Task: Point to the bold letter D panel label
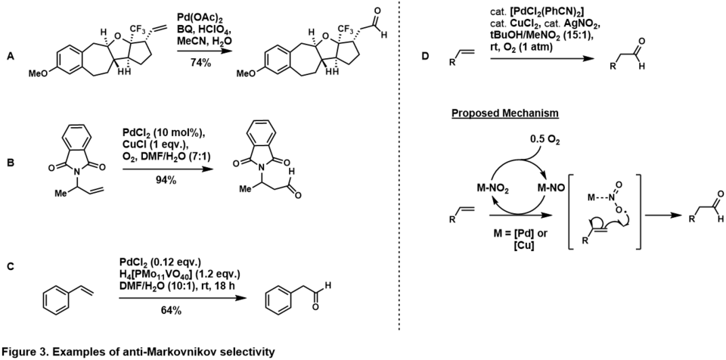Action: (x=426, y=56)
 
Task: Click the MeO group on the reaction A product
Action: (x=246, y=73)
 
